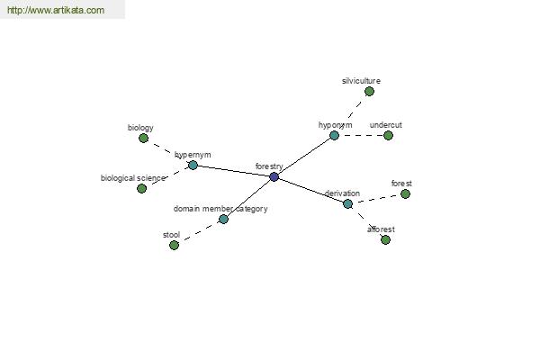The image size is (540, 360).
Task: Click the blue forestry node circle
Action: pos(274,177)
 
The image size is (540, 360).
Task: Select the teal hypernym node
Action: pos(193,166)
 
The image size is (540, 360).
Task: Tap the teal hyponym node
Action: pos(334,135)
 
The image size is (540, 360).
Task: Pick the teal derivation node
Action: pos(347,204)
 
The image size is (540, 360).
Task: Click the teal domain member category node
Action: pos(223,219)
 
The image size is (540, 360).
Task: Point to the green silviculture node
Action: pos(369,92)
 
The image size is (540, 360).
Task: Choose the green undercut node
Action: pos(388,135)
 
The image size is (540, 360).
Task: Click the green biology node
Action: pos(144,138)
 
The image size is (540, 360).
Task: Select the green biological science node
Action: pos(141,188)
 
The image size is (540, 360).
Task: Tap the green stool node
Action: pos(175,246)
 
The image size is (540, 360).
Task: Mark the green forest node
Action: pos(405,194)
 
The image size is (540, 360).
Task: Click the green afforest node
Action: pos(386,239)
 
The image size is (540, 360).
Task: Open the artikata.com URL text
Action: pos(56,10)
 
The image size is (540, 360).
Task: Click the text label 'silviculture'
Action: pos(361,81)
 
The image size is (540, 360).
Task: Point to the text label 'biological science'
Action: pos(133,178)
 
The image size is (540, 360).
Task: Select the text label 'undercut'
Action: pos(386,125)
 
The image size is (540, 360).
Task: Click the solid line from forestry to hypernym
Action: pos(233,171)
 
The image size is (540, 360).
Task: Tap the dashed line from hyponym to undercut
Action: pos(361,135)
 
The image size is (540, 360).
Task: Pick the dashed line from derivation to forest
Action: pos(376,199)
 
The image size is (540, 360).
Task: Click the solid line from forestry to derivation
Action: pos(311,191)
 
